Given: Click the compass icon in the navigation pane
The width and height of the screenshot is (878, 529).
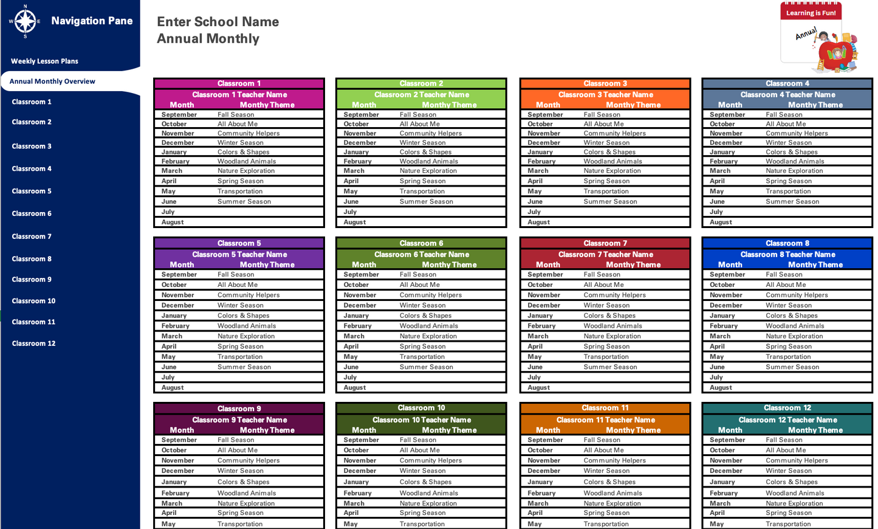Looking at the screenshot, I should point(25,21).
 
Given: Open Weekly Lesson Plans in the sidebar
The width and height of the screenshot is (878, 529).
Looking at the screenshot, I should point(44,61).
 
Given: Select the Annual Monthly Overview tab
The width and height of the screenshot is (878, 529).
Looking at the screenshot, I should point(52,81).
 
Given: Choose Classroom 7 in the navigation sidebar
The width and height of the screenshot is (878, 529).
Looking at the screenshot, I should point(32,237).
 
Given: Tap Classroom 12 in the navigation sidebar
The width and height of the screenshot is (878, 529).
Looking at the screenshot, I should point(33,344).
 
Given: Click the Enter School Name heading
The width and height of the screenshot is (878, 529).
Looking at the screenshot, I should point(218,22).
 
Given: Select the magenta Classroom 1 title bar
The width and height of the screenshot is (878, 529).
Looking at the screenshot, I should point(239,83).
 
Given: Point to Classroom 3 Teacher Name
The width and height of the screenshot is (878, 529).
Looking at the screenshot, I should point(605,95).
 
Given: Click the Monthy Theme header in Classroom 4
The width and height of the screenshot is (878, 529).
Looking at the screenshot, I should point(815,105).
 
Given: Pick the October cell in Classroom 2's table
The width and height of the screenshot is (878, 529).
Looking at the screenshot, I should point(356,124).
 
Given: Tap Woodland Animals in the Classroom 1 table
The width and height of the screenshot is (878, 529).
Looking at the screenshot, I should point(247,162).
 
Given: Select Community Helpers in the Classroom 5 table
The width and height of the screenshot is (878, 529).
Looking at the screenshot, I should point(249,296).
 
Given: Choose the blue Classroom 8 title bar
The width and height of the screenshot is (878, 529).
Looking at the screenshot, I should point(787,243).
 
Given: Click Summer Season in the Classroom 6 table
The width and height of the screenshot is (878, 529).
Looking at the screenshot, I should point(426,367).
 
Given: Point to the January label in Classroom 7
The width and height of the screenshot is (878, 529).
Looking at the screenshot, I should point(540,316).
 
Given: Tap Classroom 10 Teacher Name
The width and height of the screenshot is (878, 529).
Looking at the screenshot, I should point(422,420).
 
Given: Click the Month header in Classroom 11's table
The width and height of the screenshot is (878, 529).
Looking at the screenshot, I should point(547,430).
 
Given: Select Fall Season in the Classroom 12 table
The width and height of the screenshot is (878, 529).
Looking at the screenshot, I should point(784,440).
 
